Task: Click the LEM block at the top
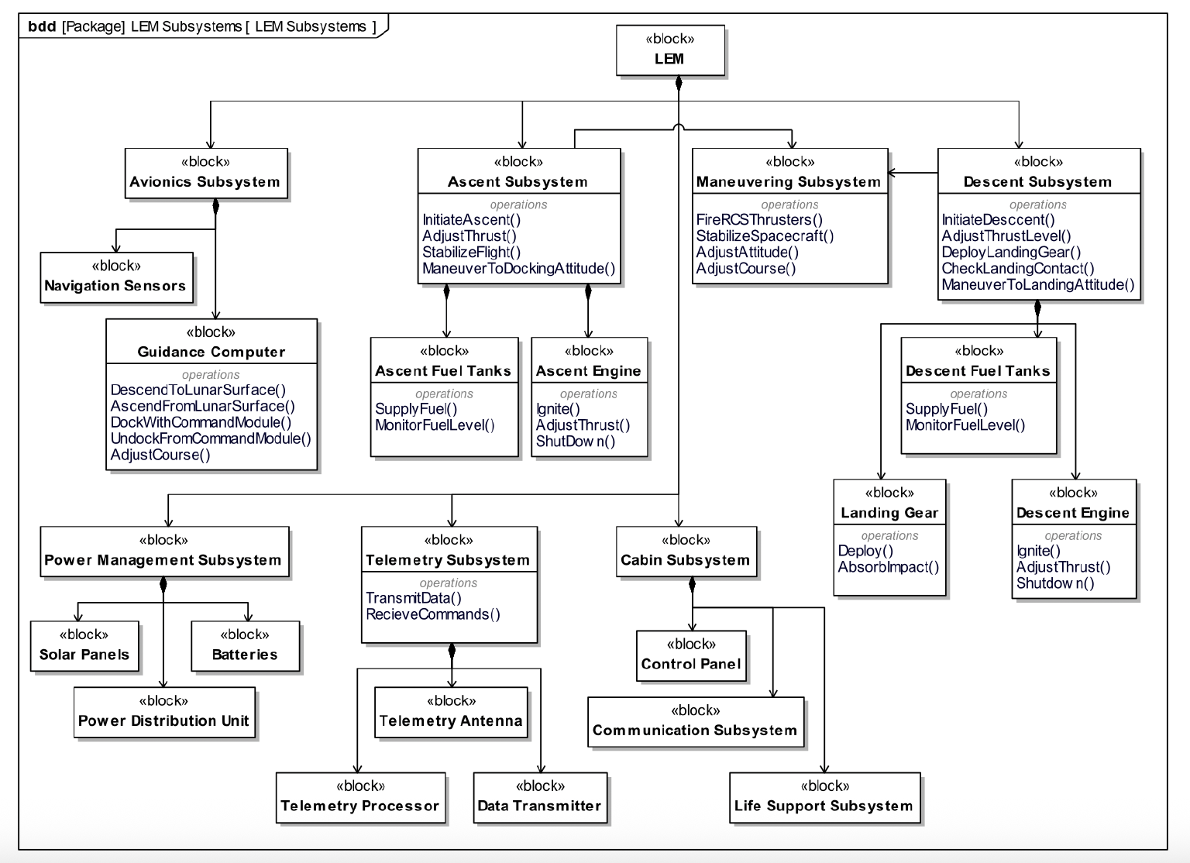pyautogui.click(x=670, y=50)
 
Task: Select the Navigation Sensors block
pyautogui.click(x=116, y=277)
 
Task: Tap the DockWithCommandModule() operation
pyautogui.click(x=201, y=423)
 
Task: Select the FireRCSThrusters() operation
pyautogui.click(x=759, y=220)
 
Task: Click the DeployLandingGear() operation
pyautogui.click(x=1011, y=253)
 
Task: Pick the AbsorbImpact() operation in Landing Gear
pyautogui.click(x=888, y=567)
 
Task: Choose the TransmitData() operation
pyautogui.click(x=413, y=598)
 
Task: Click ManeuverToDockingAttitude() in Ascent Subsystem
pyautogui.click(x=518, y=269)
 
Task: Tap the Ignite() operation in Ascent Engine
pyautogui.click(x=558, y=409)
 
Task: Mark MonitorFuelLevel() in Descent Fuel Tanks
pyautogui.click(x=965, y=425)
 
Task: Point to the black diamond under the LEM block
pyautogui.click(x=679, y=82)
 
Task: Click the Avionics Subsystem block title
pyautogui.click(x=205, y=182)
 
